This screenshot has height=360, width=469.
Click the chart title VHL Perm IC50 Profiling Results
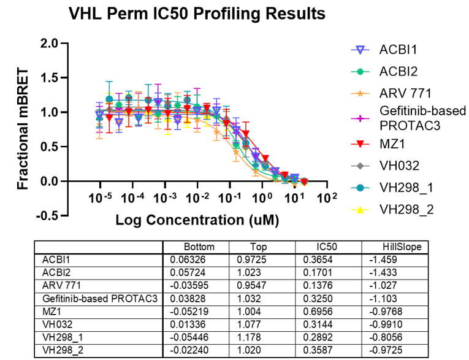[196, 12]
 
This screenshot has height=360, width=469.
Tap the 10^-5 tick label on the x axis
[99, 199]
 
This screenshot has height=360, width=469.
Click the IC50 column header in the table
[313, 247]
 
